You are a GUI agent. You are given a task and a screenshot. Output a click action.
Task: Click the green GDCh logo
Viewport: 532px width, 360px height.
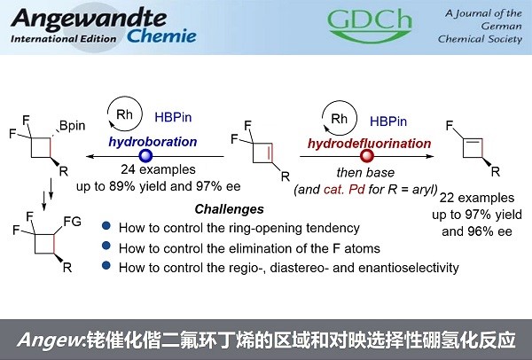[370, 25]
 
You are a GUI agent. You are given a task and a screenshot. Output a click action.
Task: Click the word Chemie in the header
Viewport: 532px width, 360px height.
[161, 36]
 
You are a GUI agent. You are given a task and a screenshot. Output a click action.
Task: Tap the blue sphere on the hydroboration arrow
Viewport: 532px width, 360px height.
[146, 156]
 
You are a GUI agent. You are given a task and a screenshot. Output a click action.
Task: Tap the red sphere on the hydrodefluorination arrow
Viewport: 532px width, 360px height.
[367, 156]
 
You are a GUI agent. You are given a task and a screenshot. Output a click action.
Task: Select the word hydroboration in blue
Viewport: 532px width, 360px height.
[153, 142]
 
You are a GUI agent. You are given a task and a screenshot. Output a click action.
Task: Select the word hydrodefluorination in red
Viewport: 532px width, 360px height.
[369, 144]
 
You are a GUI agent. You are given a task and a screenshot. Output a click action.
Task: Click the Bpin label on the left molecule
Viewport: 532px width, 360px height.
[73, 126]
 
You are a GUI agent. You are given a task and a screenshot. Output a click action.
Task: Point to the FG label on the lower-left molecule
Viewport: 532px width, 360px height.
[73, 222]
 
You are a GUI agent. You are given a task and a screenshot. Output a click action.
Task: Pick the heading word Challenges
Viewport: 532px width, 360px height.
[229, 209]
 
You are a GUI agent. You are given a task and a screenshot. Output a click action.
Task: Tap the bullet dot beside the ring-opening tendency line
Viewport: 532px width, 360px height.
[106, 225]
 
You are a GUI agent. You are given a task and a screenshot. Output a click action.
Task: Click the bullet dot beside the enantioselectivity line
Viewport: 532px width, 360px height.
[106, 265]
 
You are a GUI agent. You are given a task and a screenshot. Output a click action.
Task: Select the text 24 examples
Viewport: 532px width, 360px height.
[158, 169]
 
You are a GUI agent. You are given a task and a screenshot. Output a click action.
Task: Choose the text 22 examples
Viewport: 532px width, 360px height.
[477, 198]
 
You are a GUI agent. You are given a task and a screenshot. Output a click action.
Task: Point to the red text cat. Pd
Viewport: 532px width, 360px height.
[344, 189]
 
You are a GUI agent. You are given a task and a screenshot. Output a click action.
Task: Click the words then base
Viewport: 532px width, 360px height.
[365, 173]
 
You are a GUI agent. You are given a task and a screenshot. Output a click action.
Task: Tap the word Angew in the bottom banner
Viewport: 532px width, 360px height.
[50, 340]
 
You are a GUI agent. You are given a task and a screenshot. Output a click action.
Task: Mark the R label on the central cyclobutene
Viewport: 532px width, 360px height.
[286, 176]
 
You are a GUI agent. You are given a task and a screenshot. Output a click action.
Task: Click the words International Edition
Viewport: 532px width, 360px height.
[64, 39]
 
